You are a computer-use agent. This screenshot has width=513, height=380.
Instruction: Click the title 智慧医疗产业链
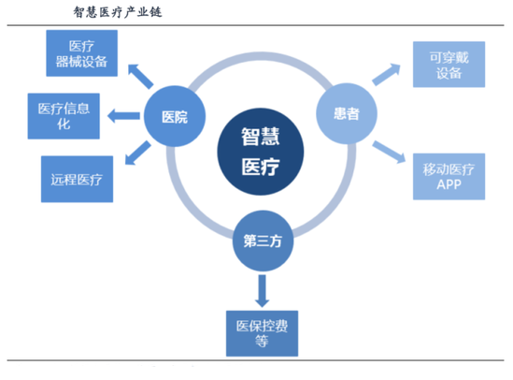pos(118,12)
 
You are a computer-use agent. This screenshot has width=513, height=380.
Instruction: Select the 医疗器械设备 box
pos(82,53)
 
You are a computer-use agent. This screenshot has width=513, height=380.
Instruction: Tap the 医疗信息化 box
pos(64,116)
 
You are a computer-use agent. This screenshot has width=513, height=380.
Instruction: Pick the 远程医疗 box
pos(78,179)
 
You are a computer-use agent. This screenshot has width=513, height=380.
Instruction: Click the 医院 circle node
pos(175,116)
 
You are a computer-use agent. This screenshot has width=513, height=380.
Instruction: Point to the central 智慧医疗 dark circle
pos(261,152)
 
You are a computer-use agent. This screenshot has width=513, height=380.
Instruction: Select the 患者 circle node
pos(347,113)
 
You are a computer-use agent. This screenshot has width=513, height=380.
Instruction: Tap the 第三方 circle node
pos(263,241)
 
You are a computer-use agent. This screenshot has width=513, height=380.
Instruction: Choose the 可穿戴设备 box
pos(449,65)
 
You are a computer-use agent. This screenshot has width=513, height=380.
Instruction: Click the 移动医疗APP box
pos(449,177)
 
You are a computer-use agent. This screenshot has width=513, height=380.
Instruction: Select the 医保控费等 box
pos(262,333)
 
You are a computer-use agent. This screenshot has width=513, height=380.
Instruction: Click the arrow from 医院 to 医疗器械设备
pos(140,77)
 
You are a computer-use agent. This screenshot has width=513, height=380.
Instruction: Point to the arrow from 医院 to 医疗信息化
pos(123,116)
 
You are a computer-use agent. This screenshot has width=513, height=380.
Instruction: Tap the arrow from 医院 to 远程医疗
pos(137,153)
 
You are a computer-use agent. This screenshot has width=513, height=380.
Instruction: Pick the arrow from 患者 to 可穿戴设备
pos(387,74)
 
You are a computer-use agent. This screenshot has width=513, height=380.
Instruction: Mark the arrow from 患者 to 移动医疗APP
pos(389,152)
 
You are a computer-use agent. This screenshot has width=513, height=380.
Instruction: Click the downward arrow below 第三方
pos(262,291)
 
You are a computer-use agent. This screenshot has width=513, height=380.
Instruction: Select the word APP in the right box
pos(449,184)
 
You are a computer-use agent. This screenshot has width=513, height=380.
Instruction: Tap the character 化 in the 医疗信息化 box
pos(64,124)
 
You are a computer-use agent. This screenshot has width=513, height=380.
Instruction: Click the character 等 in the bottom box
pos(262,342)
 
